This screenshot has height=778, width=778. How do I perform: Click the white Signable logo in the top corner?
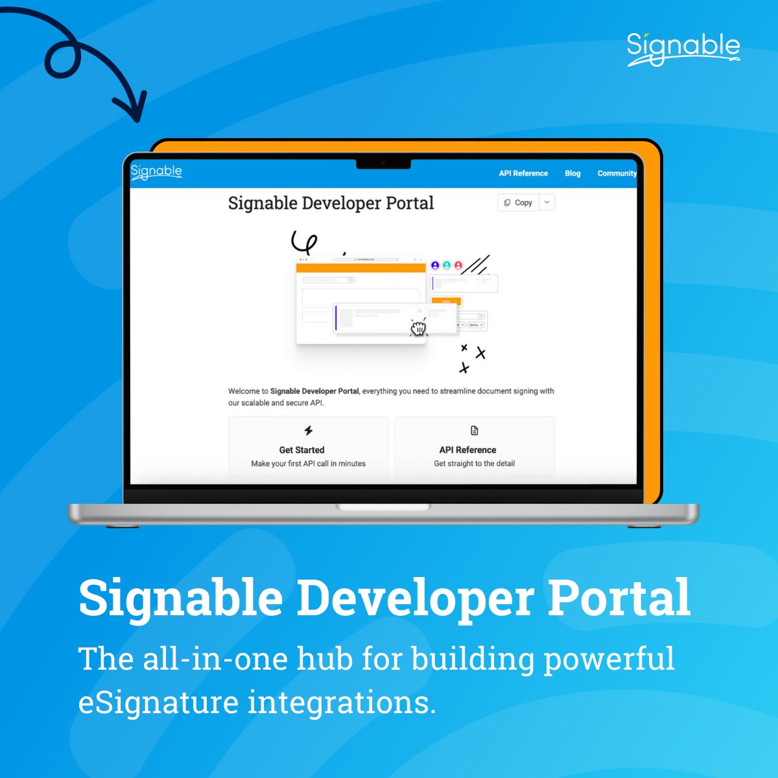click(683, 49)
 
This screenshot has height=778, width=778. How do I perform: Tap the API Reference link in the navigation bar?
click(523, 174)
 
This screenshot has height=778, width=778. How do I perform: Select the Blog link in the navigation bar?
click(572, 174)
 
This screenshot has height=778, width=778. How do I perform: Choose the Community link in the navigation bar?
click(617, 174)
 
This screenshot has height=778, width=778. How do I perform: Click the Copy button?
click(518, 203)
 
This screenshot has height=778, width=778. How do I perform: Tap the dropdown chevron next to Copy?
click(547, 203)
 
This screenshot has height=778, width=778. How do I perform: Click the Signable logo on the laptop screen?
click(156, 172)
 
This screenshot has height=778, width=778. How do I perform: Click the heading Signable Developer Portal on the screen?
click(331, 203)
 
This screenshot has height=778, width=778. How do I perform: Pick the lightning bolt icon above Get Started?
click(309, 430)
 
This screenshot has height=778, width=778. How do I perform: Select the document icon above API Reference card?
click(475, 430)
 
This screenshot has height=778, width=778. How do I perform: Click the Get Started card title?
click(301, 450)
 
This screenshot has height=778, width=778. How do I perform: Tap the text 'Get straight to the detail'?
click(475, 464)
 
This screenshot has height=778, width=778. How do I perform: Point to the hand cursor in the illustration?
click(419, 328)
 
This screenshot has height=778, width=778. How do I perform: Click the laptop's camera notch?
click(383, 163)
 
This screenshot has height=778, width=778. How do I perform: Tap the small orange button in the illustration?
click(446, 301)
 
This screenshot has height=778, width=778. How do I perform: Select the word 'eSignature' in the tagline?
click(158, 703)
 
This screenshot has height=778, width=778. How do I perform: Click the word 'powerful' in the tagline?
click(609, 659)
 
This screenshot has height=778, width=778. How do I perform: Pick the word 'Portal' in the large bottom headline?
click(619, 598)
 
